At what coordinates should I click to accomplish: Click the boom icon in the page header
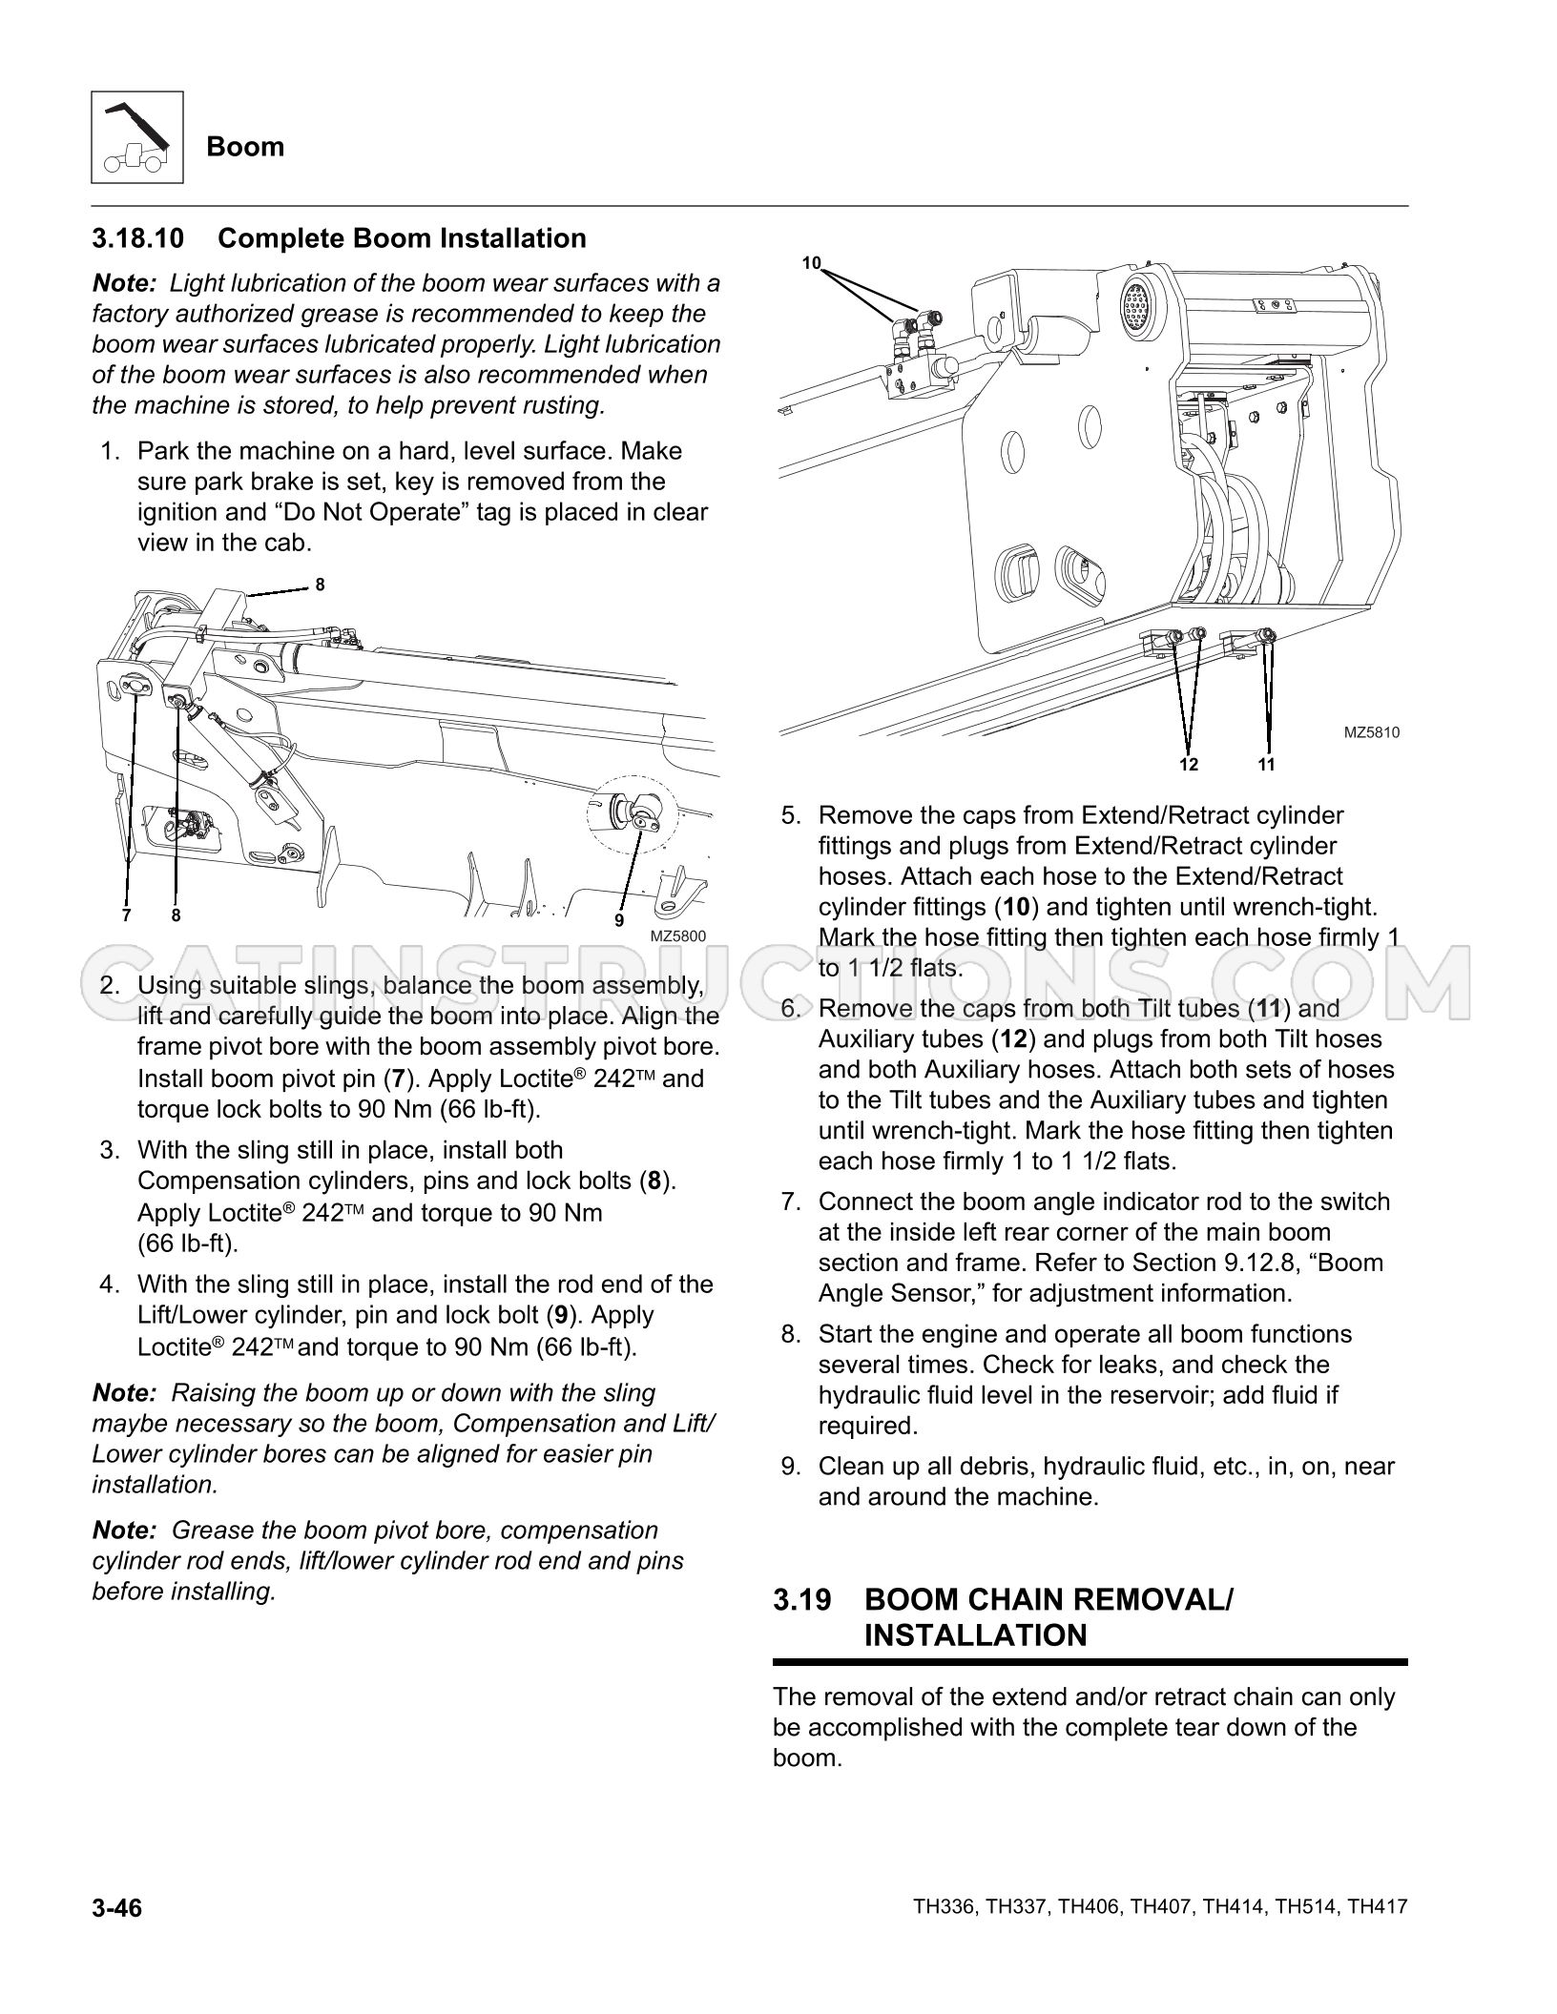click(137, 137)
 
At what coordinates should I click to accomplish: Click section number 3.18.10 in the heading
click(138, 238)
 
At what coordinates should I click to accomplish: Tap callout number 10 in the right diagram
click(811, 263)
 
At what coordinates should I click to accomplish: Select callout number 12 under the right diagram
click(1188, 764)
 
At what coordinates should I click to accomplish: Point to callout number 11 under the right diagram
click(1266, 764)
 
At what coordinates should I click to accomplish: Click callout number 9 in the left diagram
click(618, 920)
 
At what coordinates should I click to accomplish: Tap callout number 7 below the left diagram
click(126, 915)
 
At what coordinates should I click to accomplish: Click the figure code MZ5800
click(677, 936)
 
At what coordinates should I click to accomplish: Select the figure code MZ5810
click(1372, 733)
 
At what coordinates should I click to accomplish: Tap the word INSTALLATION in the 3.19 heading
click(975, 1636)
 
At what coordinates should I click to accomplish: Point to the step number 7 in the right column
click(789, 1202)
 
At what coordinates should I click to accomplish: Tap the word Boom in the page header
click(245, 147)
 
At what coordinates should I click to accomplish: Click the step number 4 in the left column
click(109, 1284)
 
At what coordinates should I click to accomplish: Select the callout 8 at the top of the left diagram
click(320, 585)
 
